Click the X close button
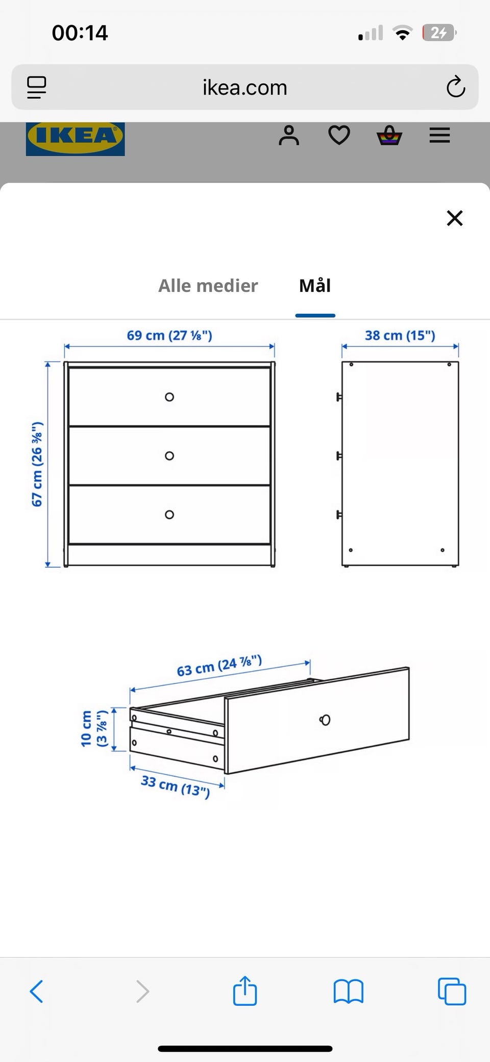click(x=454, y=218)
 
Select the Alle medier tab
click(x=208, y=286)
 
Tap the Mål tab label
click(x=315, y=286)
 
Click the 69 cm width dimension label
click(x=169, y=335)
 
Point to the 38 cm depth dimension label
click(x=400, y=335)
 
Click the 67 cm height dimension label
click(x=37, y=464)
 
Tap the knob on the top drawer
click(x=169, y=397)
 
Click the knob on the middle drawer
click(x=169, y=456)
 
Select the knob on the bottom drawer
click(x=169, y=515)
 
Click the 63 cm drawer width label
click(x=219, y=665)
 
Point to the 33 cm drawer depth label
click(x=176, y=787)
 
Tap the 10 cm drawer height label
click(x=94, y=729)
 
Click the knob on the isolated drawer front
click(x=325, y=720)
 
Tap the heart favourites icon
click(x=339, y=135)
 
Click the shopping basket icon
click(x=389, y=135)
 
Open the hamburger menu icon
click(x=439, y=135)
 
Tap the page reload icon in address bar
click(x=455, y=87)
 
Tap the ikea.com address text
click(x=245, y=87)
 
